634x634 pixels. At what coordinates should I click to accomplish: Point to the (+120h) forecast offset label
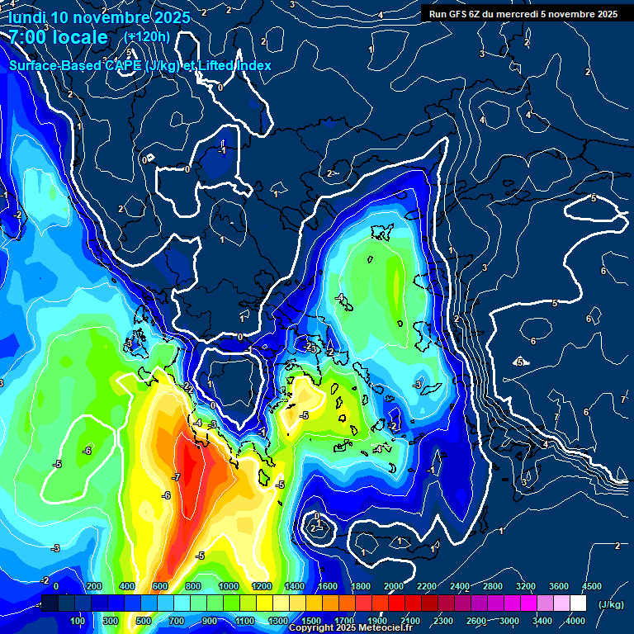coord(147,36)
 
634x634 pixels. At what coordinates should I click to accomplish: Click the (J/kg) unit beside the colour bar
coord(610,605)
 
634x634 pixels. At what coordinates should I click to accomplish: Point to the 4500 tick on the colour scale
coord(591,585)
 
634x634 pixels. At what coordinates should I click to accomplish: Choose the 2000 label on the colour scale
coord(394,585)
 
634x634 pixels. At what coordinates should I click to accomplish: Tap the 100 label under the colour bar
coord(78,621)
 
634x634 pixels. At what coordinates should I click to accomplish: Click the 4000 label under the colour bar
coord(575,621)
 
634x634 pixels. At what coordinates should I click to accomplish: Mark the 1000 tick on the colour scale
coord(229,585)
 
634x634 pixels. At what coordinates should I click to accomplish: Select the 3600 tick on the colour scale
coord(559,585)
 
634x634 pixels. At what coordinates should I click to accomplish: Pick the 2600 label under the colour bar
coord(476,621)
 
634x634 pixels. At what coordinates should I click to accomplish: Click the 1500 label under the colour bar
coord(311,621)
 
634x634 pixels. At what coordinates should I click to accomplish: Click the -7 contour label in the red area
coord(176,477)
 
